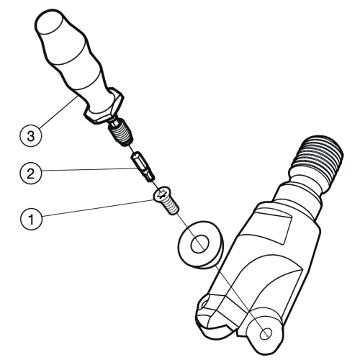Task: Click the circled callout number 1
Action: point(31,219)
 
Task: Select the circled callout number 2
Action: point(31,174)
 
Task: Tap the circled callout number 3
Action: point(31,136)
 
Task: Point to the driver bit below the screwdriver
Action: point(143,166)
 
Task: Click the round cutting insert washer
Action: point(200,245)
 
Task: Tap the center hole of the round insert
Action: point(199,244)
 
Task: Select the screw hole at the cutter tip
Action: point(266,333)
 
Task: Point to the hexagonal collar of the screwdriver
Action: point(104,106)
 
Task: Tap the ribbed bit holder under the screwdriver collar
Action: point(121,132)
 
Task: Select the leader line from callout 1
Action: point(98,207)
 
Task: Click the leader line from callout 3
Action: point(58,112)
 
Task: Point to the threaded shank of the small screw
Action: point(171,207)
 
